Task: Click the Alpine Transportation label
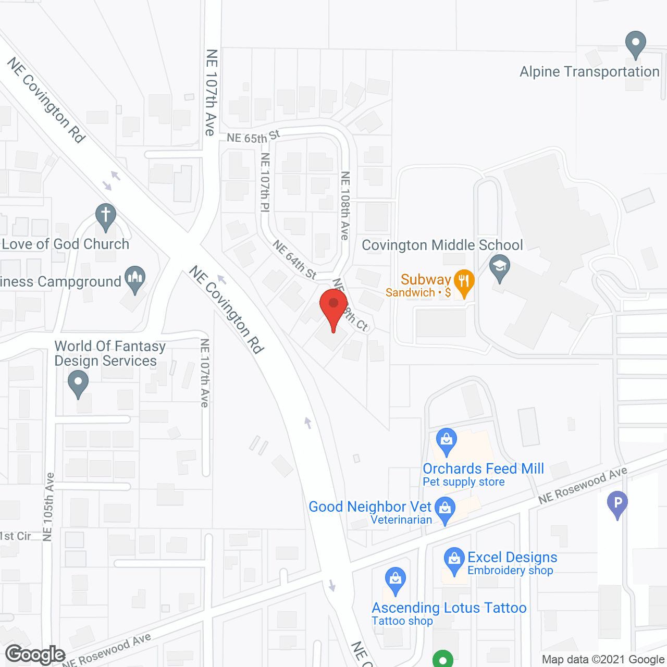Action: tap(589, 72)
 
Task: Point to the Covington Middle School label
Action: tap(442, 245)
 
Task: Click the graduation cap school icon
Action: tap(500, 267)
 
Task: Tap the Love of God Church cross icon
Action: tap(105, 216)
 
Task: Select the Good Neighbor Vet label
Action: tap(370, 507)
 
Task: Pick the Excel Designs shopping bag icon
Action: tap(454, 560)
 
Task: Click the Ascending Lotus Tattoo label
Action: tap(449, 608)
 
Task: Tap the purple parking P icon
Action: tap(617, 504)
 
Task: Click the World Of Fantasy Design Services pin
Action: tap(78, 383)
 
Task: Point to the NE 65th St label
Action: tap(253, 137)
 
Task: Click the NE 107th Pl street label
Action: tap(265, 182)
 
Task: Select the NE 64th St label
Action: tap(294, 260)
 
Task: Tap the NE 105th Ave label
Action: tap(48, 507)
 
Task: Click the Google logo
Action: tap(35, 654)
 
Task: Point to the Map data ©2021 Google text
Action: tap(603, 659)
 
